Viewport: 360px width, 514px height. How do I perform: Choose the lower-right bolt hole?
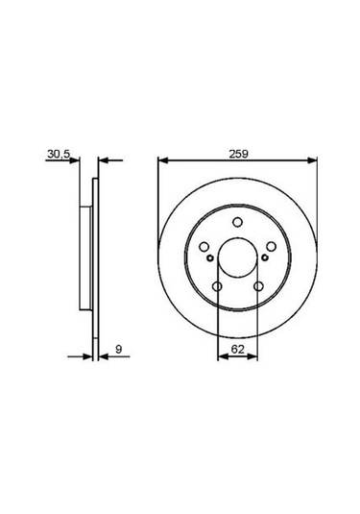(x=257, y=286)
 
